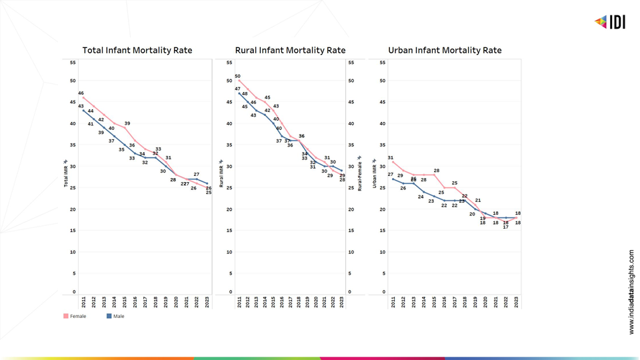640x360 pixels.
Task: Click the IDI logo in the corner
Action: (609, 22)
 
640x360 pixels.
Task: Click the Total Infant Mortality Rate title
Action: (137, 50)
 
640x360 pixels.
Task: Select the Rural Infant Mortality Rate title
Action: (290, 50)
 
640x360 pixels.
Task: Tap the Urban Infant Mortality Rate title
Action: (445, 50)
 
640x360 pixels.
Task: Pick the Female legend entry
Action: (75, 316)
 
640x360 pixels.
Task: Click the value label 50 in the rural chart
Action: (237, 77)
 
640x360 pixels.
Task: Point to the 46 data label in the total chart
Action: (81, 93)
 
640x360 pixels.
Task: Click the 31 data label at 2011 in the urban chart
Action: (391, 158)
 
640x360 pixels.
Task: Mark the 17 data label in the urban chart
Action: (506, 227)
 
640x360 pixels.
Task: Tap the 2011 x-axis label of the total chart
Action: (84, 303)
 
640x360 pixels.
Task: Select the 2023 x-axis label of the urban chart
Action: (517, 303)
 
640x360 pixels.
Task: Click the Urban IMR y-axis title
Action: (375, 175)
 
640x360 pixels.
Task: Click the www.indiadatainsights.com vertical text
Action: (631, 292)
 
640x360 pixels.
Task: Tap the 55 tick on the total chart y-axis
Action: (73, 63)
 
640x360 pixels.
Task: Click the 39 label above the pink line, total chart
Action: (127, 123)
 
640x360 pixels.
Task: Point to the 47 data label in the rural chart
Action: (237, 89)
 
